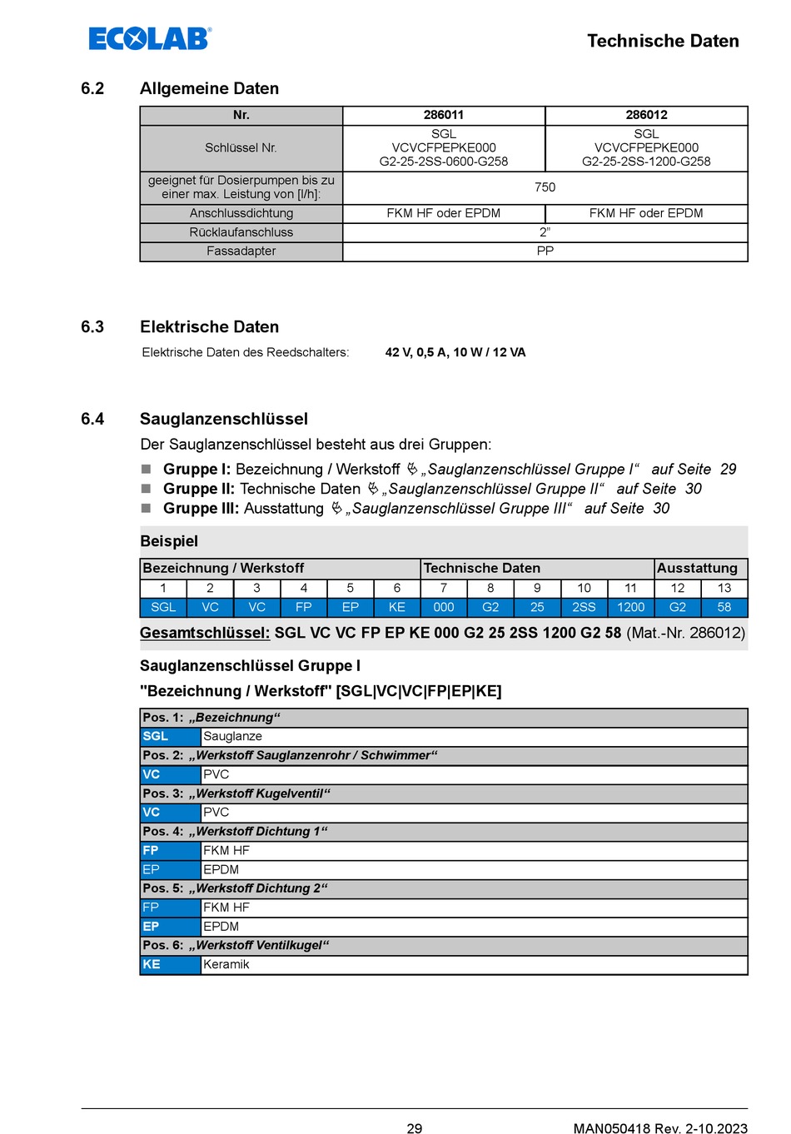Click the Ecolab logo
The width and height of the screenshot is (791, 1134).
pyautogui.click(x=150, y=38)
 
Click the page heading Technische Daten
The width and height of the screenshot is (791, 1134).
pyautogui.click(x=663, y=41)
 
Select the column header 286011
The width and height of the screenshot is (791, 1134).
pyautogui.click(x=444, y=115)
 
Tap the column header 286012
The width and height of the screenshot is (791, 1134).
pyautogui.click(x=646, y=115)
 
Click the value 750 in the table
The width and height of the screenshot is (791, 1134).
pyautogui.click(x=545, y=187)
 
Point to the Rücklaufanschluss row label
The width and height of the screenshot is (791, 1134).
pyautogui.click(x=241, y=232)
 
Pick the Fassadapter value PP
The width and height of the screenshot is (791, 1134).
pyautogui.click(x=545, y=251)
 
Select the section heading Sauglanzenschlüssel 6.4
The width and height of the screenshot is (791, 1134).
pyautogui.click(x=223, y=419)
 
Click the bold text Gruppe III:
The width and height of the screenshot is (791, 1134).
pyautogui.click(x=201, y=509)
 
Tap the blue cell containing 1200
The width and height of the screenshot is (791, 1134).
pyautogui.click(x=630, y=607)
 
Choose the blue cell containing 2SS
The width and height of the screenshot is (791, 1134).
pyautogui.click(x=584, y=607)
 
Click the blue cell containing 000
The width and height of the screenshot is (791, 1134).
pyautogui.click(x=444, y=607)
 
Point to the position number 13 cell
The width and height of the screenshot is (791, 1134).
pyautogui.click(x=724, y=588)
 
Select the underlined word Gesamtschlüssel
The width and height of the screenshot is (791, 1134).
pyautogui.click(x=205, y=633)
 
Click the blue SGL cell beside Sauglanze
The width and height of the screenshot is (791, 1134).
pyautogui.click(x=170, y=736)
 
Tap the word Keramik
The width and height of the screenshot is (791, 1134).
pyautogui.click(x=226, y=964)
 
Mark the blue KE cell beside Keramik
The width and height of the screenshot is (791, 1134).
pyautogui.click(x=170, y=964)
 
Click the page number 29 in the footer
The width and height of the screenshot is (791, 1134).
pyautogui.click(x=415, y=1128)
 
